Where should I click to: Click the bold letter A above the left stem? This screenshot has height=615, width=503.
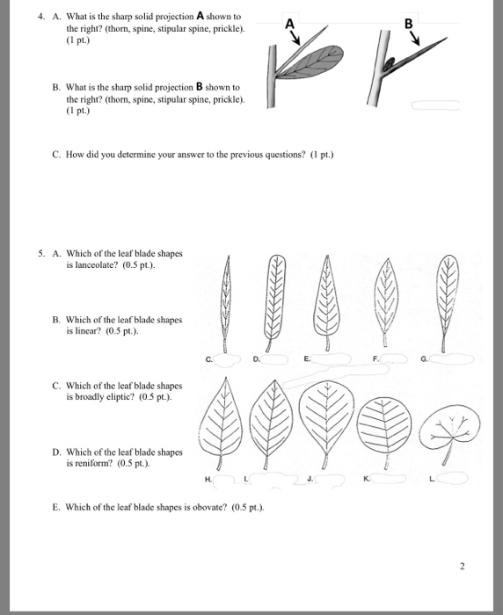click(x=289, y=25)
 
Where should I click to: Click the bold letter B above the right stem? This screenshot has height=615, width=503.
click(x=409, y=25)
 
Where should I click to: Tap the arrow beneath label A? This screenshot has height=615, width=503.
click(x=295, y=38)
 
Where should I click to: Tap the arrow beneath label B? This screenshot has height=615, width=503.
click(x=415, y=39)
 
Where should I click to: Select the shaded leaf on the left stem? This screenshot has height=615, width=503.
click(x=311, y=61)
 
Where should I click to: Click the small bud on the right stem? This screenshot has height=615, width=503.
click(x=388, y=63)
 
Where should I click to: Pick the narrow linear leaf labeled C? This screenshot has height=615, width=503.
click(x=226, y=304)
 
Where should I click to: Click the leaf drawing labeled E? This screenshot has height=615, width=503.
click(x=327, y=303)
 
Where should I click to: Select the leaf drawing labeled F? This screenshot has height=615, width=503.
click(x=386, y=301)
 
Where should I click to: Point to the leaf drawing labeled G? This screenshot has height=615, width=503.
click(x=447, y=303)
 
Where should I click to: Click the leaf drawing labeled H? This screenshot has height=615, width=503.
click(x=221, y=423)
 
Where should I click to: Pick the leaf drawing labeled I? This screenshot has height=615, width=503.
click(x=272, y=424)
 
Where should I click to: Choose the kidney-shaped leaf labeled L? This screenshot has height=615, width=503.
click(x=450, y=431)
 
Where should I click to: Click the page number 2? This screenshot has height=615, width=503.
click(x=462, y=566)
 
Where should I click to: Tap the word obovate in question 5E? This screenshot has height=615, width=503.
click(x=209, y=507)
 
